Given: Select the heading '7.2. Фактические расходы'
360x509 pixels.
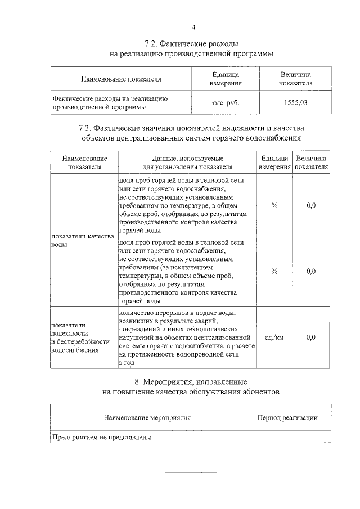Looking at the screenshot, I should coord(191,43).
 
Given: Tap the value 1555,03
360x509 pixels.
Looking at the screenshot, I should coord(295,103).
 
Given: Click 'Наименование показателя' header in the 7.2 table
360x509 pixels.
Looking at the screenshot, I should coord(121,79).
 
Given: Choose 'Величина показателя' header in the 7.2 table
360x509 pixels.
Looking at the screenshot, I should coord(295,79).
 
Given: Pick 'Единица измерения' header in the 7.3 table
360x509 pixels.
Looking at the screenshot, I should coord(274,163).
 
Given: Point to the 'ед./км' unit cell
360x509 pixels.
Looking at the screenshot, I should coord(274,337).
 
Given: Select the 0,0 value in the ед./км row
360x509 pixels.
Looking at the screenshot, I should coord(311,337).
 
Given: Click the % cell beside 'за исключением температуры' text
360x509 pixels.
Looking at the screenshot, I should coord(274,271).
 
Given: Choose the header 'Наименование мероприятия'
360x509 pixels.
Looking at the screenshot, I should coord(147,418).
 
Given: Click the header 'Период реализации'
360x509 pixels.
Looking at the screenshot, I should coord(287,418).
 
